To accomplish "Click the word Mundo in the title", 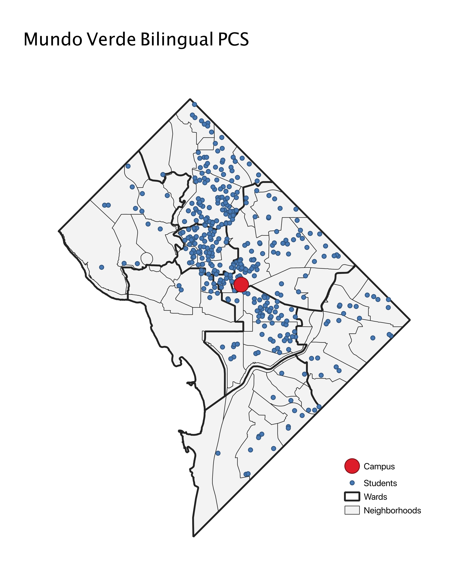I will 53,39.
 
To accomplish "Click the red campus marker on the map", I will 241,285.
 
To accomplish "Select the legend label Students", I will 380,483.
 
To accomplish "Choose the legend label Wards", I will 375,497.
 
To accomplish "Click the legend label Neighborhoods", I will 392,511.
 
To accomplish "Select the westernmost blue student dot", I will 101,267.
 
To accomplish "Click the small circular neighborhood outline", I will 147,258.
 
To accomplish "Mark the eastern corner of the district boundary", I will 410,320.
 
